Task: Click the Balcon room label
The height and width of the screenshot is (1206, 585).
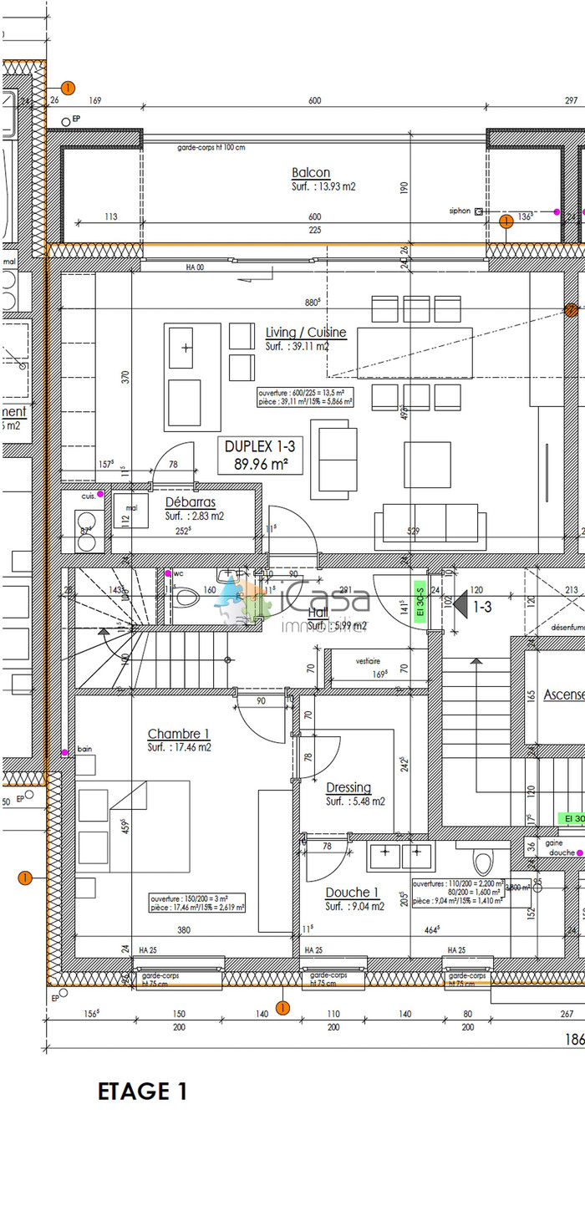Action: tap(311, 173)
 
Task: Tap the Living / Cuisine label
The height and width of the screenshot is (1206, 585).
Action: tap(306, 333)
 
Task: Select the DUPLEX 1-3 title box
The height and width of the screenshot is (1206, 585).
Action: tap(260, 455)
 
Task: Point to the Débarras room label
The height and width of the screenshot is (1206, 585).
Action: tap(191, 503)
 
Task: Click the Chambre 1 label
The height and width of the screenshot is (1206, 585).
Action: tap(179, 735)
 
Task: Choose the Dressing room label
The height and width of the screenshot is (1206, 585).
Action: tap(348, 787)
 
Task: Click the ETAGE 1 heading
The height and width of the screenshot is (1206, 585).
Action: tap(143, 1092)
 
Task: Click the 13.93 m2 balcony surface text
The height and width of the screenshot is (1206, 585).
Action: tap(324, 187)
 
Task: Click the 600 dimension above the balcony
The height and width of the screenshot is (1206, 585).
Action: tap(314, 101)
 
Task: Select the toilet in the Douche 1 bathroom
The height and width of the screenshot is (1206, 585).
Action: tap(484, 862)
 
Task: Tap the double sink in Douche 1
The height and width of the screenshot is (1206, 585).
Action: tap(400, 856)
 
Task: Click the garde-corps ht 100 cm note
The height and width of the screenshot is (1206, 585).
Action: tap(211, 147)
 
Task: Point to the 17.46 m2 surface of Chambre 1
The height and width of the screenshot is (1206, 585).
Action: tap(180, 747)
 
